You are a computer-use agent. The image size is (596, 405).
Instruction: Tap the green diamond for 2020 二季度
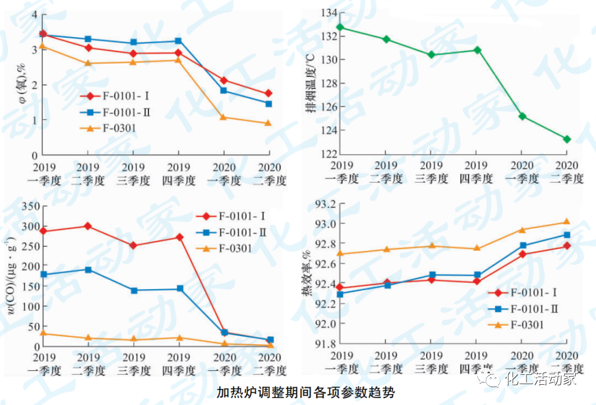(566, 139)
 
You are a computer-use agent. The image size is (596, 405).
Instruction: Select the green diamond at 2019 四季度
(477, 50)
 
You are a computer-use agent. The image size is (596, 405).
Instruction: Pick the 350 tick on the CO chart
(28, 206)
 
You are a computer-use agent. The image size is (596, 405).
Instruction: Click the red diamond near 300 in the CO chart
(88, 226)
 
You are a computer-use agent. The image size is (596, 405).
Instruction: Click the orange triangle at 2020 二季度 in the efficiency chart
(566, 222)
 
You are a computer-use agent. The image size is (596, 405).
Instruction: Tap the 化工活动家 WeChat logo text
(540, 380)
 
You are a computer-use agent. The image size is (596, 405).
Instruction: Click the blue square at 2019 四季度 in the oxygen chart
(178, 41)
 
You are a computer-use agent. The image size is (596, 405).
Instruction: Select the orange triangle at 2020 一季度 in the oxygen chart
(223, 118)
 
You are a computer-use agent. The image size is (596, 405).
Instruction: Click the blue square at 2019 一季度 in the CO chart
(43, 274)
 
